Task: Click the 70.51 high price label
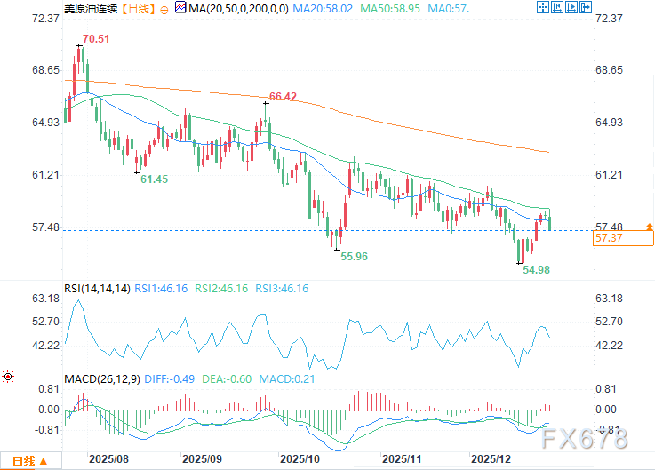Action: pos(96,39)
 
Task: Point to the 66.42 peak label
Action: pos(283,95)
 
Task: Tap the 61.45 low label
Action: pos(154,179)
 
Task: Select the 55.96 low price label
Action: pos(354,256)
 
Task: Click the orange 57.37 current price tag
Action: pos(608,238)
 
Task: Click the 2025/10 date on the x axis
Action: pos(299,459)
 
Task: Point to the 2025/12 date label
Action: pos(490,459)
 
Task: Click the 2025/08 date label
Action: pos(108,459)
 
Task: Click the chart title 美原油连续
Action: pos(88,8)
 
